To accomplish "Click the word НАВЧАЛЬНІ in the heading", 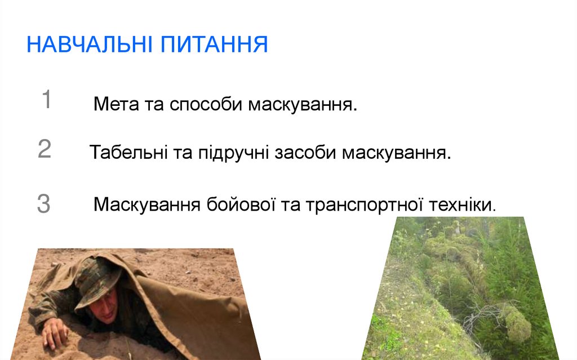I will [90, 45].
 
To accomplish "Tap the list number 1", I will [46, 100].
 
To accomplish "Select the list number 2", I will [45, 149].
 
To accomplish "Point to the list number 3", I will [44, 204].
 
